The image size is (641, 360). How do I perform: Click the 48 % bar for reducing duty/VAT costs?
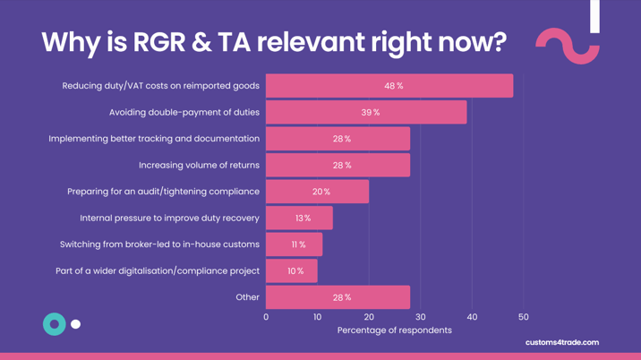point(389,86)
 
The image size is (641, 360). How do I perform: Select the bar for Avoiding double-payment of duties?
point(366,113)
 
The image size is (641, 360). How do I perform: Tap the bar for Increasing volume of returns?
point(338,166)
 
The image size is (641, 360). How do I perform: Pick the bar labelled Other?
point(338,297)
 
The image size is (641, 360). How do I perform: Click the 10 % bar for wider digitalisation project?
point(292,271)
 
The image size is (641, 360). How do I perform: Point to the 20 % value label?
point(321,193)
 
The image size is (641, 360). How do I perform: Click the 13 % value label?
point(303,219)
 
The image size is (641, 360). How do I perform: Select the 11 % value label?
point(298,244)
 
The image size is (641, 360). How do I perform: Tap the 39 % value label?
point(371,113)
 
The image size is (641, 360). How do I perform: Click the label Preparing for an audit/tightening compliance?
point(163,192)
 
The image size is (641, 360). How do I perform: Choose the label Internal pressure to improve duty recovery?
point(169,218)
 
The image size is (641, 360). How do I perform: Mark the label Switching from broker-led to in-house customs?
point(159,244)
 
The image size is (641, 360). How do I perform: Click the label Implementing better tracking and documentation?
point(154,139)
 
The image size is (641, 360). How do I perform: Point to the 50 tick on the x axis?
point(524,317)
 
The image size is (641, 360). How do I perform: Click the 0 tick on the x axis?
point(266,317)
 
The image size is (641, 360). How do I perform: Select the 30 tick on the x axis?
point(421,317)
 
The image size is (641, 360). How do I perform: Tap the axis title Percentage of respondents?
point(394,330)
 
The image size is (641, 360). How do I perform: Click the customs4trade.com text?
point(562,342)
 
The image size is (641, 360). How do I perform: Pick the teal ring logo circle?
point(55,324)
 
